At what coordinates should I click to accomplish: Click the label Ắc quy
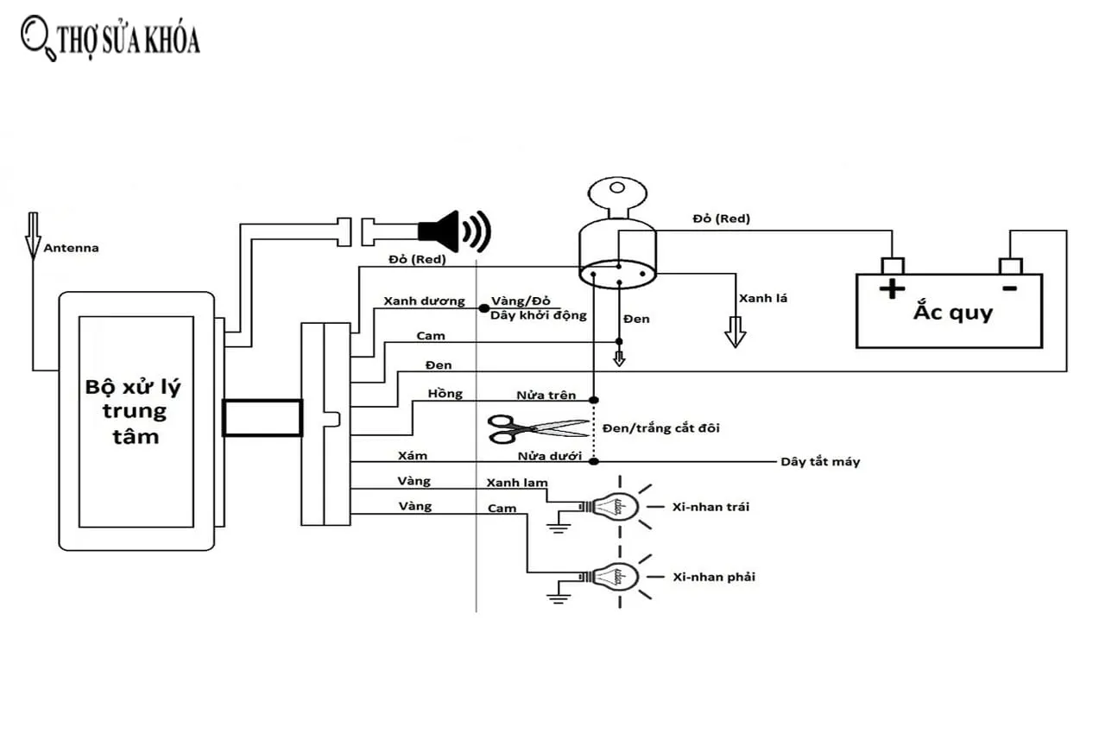(x=953, y=312)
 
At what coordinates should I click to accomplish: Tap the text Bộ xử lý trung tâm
(x=135, y=411)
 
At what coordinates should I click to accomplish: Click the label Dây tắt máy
(x=820, y=462)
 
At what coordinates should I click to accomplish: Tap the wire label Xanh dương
(x=424, y=302)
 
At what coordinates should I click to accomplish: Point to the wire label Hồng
(x=445, y=395)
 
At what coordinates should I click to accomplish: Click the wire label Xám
(x=413, y=455)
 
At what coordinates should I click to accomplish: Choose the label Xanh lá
(x=763, y=298)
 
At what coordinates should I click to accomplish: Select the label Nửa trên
(x=546, y=395)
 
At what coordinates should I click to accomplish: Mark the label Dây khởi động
(x=538, y=315)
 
